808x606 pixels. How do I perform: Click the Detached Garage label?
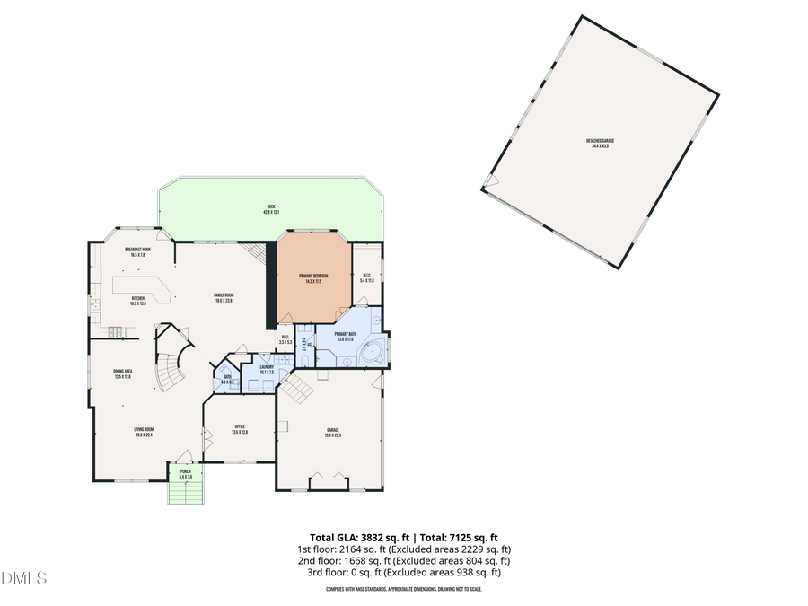(601, 143)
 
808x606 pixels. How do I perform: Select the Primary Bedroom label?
(312, 279)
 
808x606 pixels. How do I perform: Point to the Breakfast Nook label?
(137, 251)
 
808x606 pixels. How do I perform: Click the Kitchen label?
(138, 301)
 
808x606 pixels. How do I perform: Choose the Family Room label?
(224, 298)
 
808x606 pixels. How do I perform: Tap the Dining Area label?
(122, 374)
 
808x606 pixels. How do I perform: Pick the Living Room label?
(144, 432)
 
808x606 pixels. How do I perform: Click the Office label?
(240, 429)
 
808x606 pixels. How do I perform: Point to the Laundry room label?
(267, 369)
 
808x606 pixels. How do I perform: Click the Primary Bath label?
(347, 336)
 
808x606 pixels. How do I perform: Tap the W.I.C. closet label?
(366, 278)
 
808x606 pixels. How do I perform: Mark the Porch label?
(185, 473)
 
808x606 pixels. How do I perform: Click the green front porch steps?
(186, 493)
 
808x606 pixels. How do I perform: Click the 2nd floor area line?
(403, 560)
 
